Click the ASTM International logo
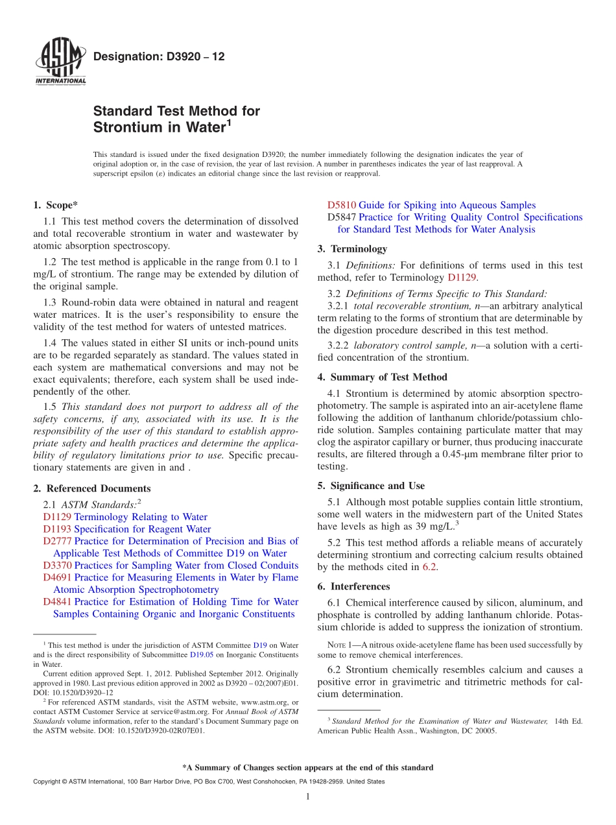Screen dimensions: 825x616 (60, 62)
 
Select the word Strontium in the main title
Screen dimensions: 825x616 (125, 127)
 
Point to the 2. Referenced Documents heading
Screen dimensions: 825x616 (91, 488)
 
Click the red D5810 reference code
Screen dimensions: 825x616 (342, 205)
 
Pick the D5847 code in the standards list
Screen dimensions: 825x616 (342, 217)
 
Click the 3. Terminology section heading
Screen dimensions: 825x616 (352, 248)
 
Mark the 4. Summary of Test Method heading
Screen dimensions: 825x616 (382, 377)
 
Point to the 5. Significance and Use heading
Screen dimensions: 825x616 (371, 486)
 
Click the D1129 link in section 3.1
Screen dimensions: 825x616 (462, 278)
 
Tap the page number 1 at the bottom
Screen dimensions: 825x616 (308, 796)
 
